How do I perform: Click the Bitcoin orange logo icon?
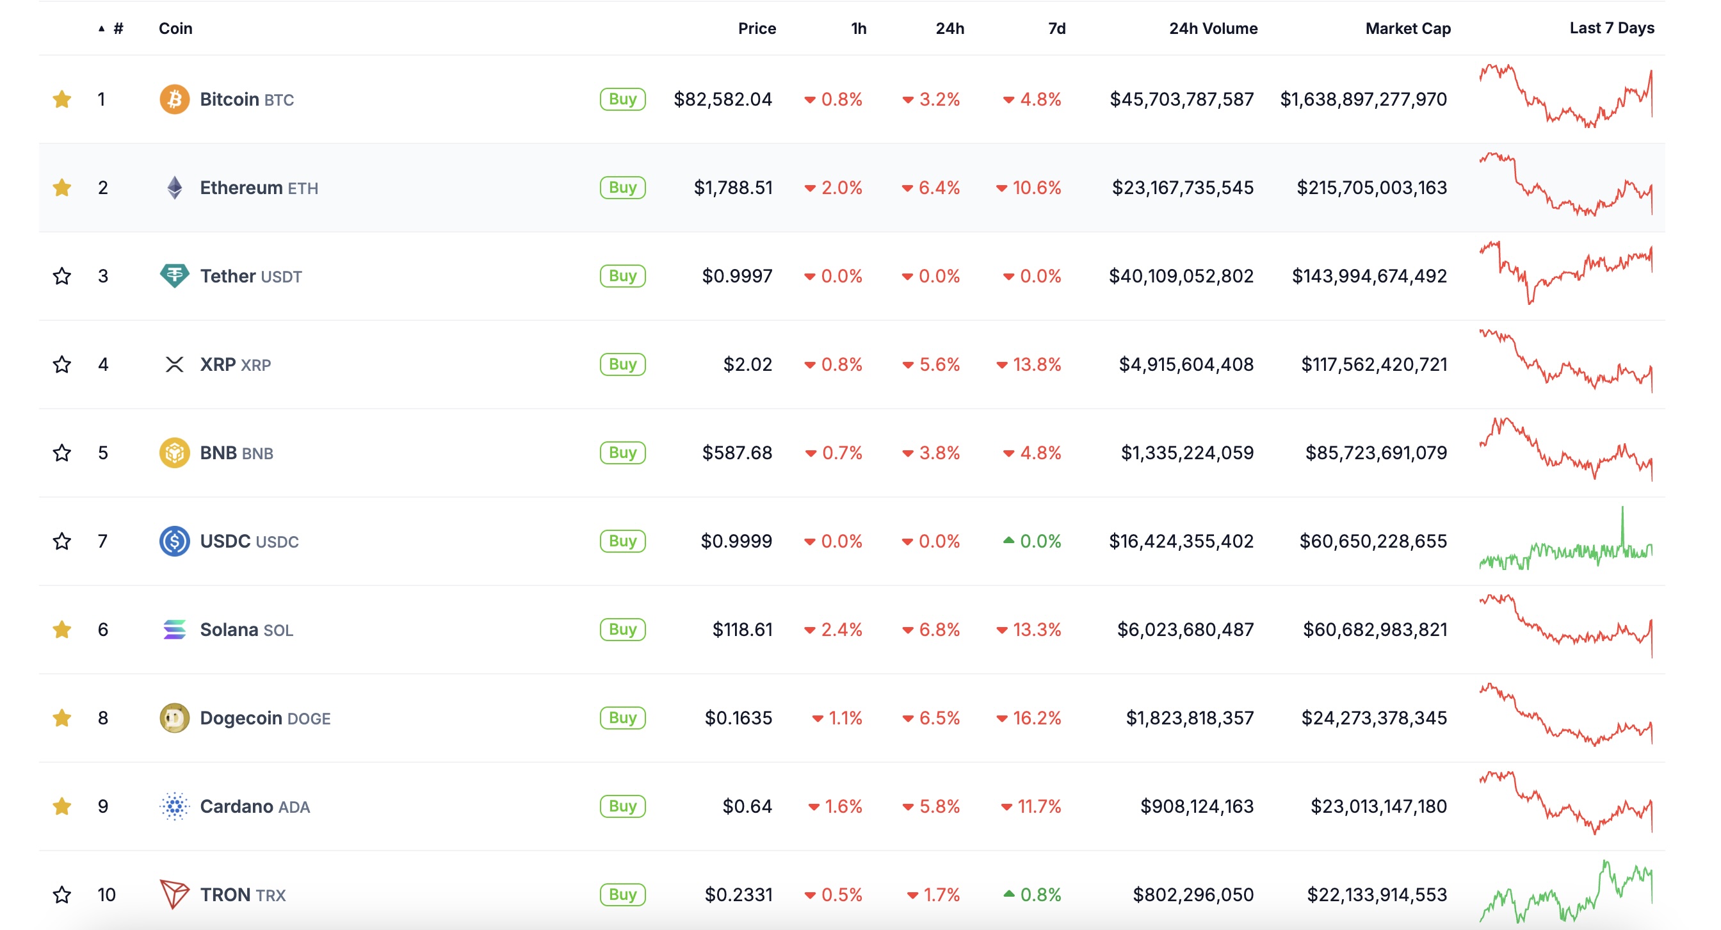tap(174, 99)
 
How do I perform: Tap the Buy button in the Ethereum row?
tap(622, 188)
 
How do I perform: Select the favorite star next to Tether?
tap(62, 276)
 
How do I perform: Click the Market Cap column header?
tap(1408, 29)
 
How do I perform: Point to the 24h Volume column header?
tap(1213, 29)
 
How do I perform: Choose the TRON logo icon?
tap(174, 894)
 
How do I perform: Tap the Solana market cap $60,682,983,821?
tap(1374, 630)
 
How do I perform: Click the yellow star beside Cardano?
tap(62, 806)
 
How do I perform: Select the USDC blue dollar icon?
tap(174, 541)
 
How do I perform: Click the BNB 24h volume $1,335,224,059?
tap(1186, 453)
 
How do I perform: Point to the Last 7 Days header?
tap(1611, 28)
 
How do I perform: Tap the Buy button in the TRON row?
tap(622, 895)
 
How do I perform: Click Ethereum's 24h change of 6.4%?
tap(938, 188)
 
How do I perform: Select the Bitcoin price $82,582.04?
tap(722, 99)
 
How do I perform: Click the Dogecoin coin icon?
tap(174, 718)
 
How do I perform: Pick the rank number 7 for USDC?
tap(102, 541)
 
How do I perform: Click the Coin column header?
tap(175, 29)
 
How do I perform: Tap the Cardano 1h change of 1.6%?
tap(843, 806)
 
